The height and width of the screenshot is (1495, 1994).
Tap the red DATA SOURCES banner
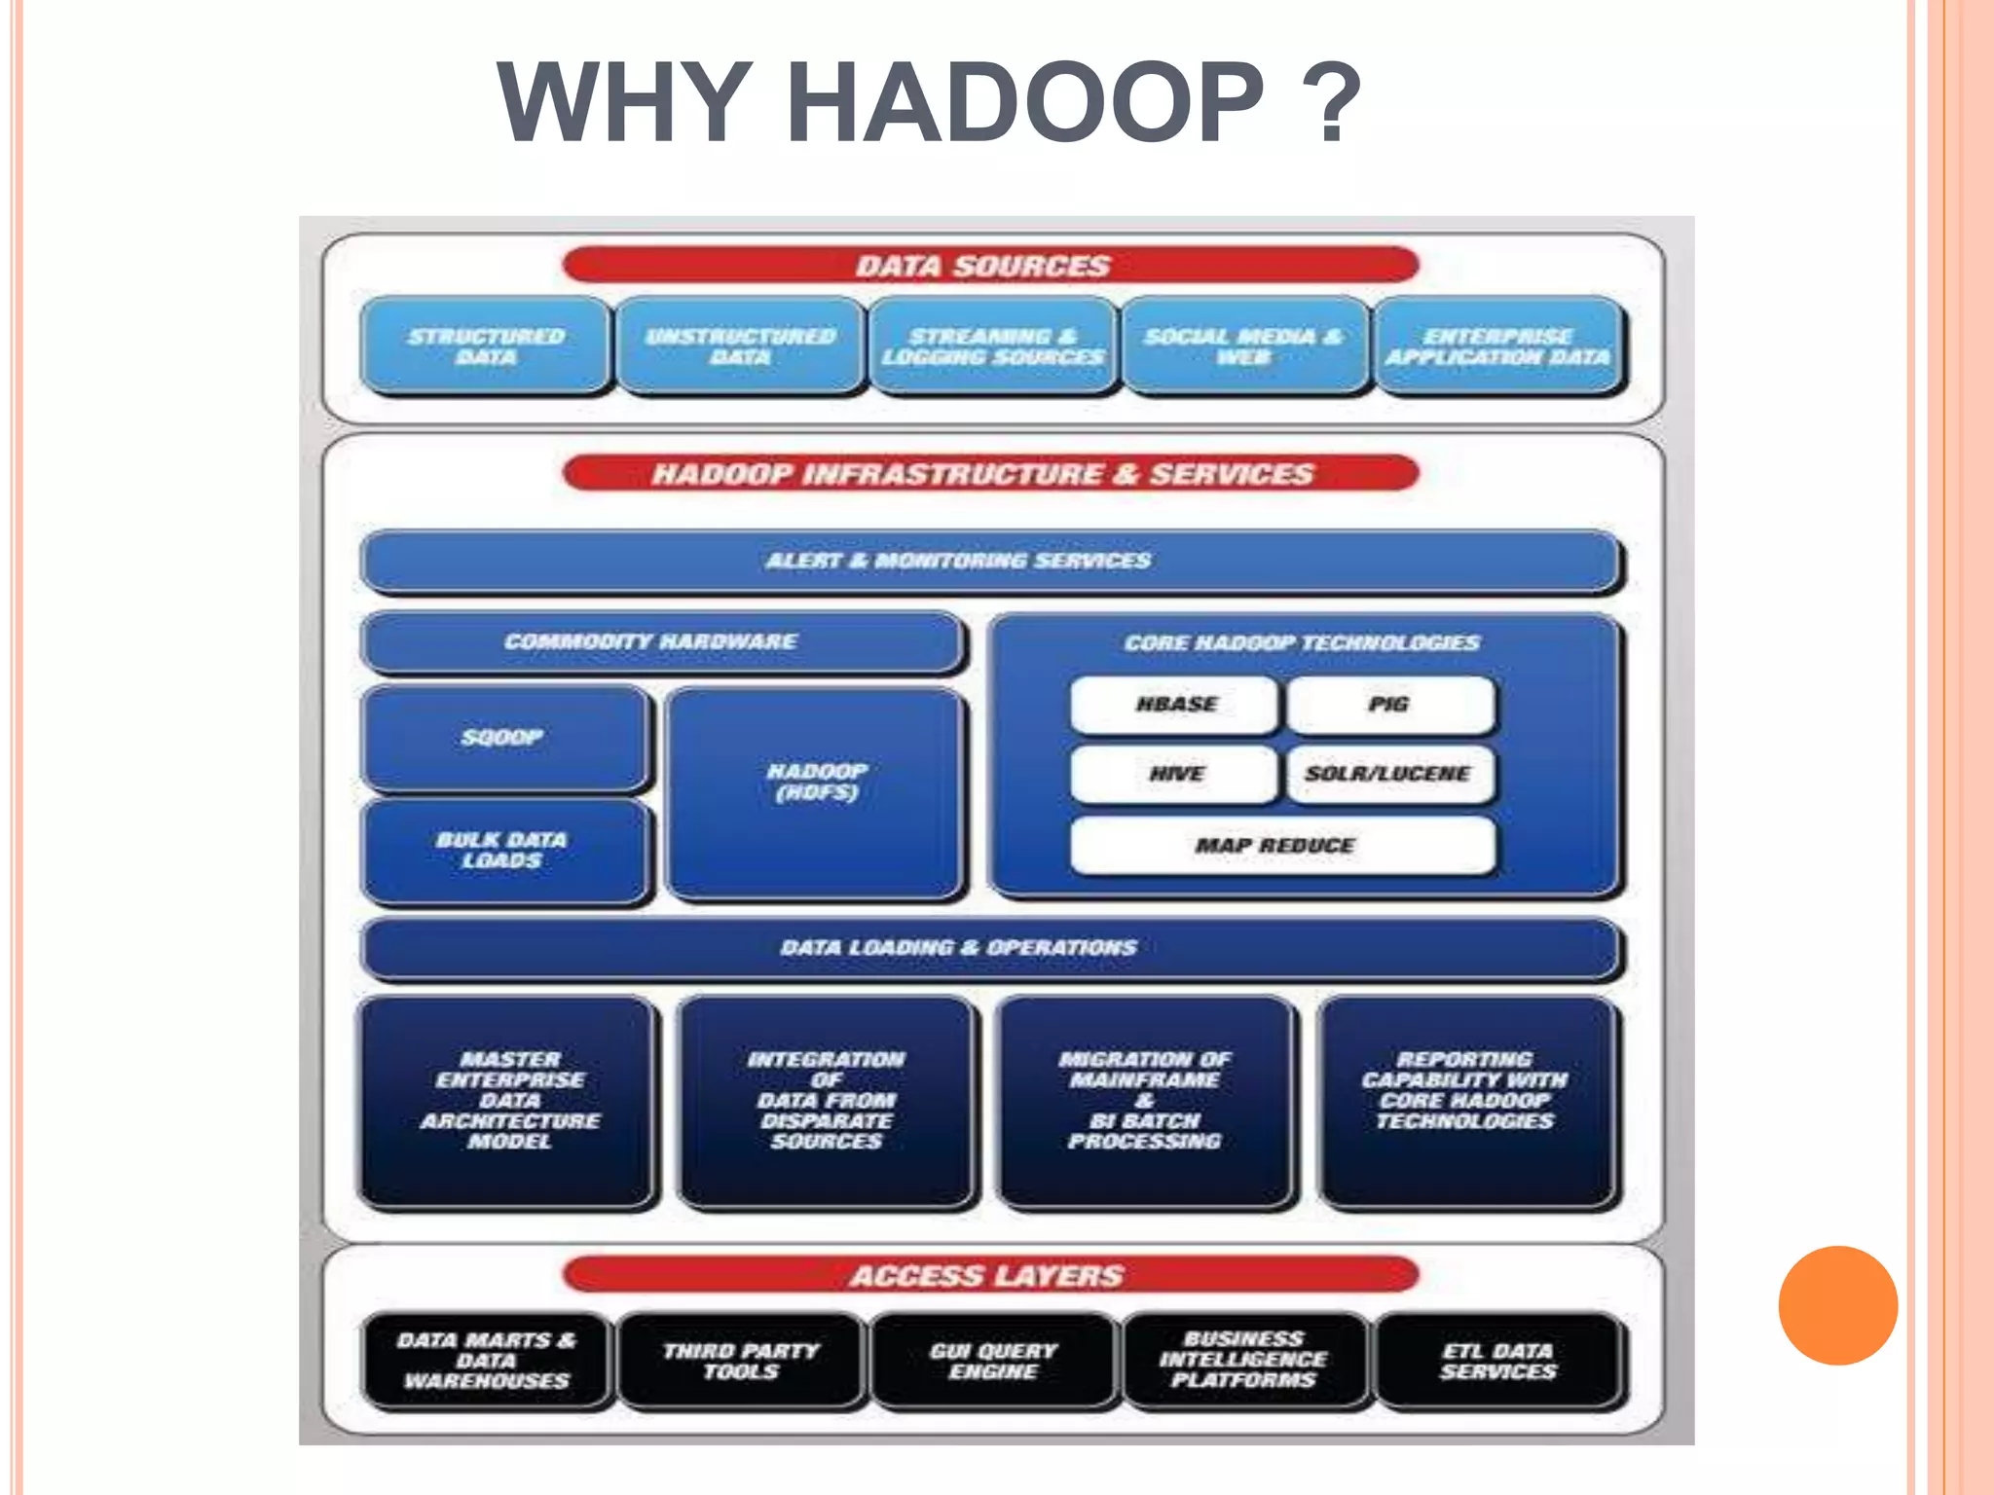click(x=988, y=265)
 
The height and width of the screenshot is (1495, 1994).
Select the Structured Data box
click(x=486, y=346)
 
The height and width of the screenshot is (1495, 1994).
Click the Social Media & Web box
click(x=1243, y=346)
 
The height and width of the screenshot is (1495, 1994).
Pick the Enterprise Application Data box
click(x=1498, y=346)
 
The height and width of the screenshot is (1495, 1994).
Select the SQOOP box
click(x=503, y=737)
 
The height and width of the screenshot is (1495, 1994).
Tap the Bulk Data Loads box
click(x=503, y=850)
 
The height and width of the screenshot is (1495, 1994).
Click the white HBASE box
click(x=1174, y=704)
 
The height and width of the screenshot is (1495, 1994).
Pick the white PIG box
click(x=1389, y=704)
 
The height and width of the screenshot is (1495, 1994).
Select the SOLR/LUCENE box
click(x=1389, y=774)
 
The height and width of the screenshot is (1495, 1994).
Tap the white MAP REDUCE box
click(x=1280, y=845)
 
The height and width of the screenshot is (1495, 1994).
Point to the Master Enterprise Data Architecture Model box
click(x=507, y=1100)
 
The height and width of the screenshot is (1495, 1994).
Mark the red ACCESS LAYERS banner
click(x=988, y=1275)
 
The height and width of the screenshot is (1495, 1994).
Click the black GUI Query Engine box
click(x=992, y=1361)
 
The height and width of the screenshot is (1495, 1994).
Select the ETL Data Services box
click(x=1498, y=1361)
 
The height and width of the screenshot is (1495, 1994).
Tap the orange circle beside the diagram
click(x=1837, y=1305)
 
